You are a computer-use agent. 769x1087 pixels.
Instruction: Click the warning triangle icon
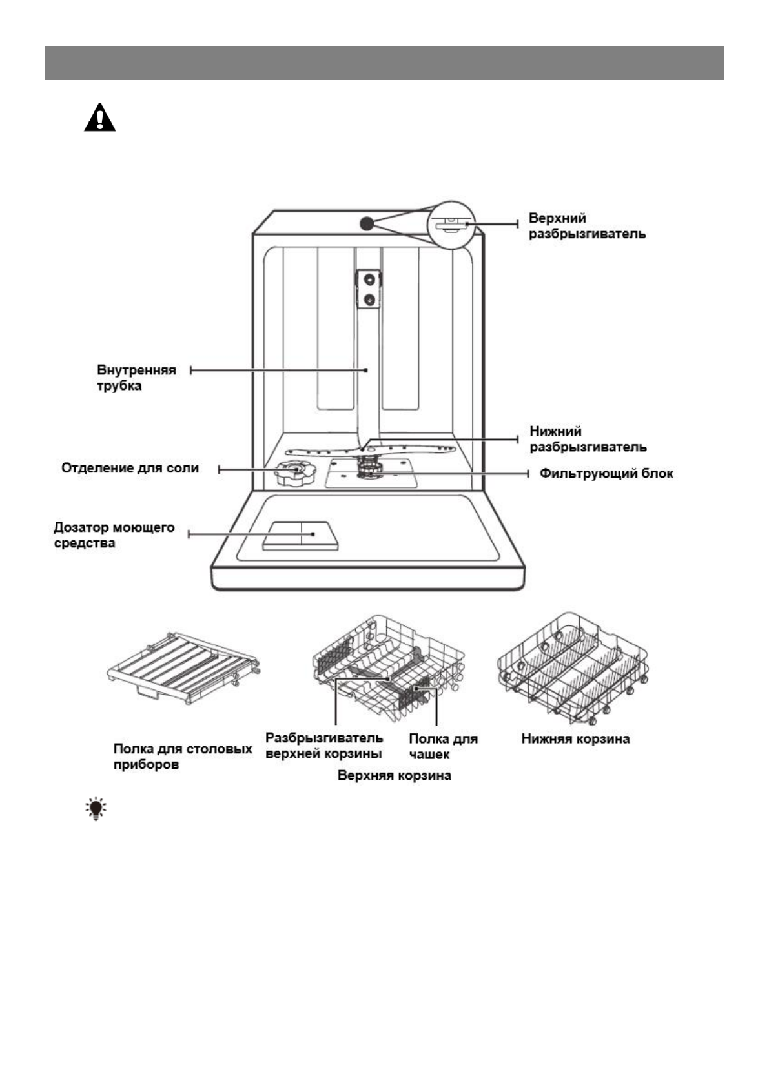tap(100, 118)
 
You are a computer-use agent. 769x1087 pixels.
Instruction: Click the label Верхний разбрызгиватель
tap(587, 226)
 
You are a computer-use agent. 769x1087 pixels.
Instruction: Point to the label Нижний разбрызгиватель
tap(588, 439)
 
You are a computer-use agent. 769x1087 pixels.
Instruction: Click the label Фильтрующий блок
tap(606, 474)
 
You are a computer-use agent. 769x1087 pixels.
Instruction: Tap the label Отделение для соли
tap(130, 468)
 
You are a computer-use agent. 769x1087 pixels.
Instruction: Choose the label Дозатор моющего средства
tap(114, 535)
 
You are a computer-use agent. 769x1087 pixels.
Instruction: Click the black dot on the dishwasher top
tap(366, 223)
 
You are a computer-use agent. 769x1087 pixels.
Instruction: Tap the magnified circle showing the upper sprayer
tap(451, 224)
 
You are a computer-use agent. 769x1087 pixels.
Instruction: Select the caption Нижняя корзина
tap(575, 738)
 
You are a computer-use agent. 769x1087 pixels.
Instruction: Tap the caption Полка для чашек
tap(443, 746)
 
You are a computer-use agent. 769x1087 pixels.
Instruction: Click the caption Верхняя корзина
tap(394, 775)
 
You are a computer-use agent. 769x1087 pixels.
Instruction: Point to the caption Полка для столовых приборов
tap(182, 757)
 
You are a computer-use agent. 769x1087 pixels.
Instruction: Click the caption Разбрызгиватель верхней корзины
tap(324, 746)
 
